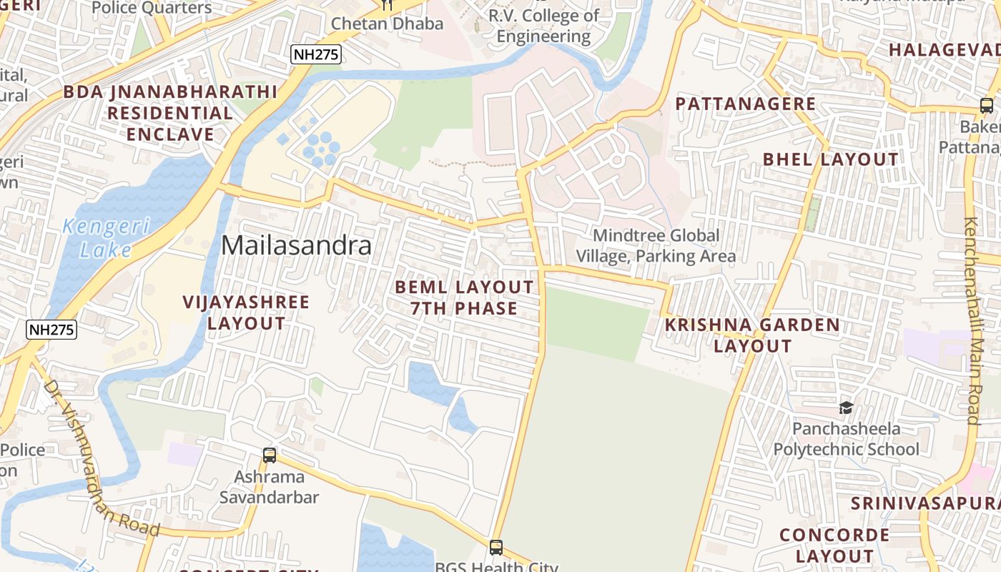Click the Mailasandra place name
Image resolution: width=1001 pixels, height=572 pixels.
(x=296, y=246)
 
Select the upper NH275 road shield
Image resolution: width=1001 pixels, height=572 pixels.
(x=315, y=54)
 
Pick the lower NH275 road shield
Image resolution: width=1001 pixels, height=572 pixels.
(x=51, y=330)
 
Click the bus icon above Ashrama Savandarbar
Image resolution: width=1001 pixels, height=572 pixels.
(x=270, y=455)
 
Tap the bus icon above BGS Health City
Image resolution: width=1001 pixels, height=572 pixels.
(x=496, y=548)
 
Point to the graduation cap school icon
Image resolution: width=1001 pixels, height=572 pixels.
(x=846, y=408)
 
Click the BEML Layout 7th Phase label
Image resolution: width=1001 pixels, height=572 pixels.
(x=464, y=297)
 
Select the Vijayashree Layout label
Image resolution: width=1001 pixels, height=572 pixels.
(x=246, y=312)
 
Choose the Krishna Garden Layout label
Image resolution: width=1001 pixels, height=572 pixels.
(x=753, y=335)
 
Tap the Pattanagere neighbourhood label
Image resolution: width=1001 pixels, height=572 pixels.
(x=746, y=104)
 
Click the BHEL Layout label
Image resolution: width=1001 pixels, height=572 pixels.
(x=830, y=159)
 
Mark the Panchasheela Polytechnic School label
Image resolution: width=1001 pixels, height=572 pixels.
(x=847, y=439)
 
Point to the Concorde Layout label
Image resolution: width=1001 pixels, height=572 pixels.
(x=834, y=545)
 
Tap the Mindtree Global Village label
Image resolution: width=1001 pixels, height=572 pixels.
(x=656, y=245)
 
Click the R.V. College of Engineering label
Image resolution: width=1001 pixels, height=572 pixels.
(x=543, y=26)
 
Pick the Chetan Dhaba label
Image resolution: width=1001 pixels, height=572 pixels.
(x=387, y=24)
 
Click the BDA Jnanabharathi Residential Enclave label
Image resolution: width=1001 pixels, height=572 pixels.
(x=170, y=113)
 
